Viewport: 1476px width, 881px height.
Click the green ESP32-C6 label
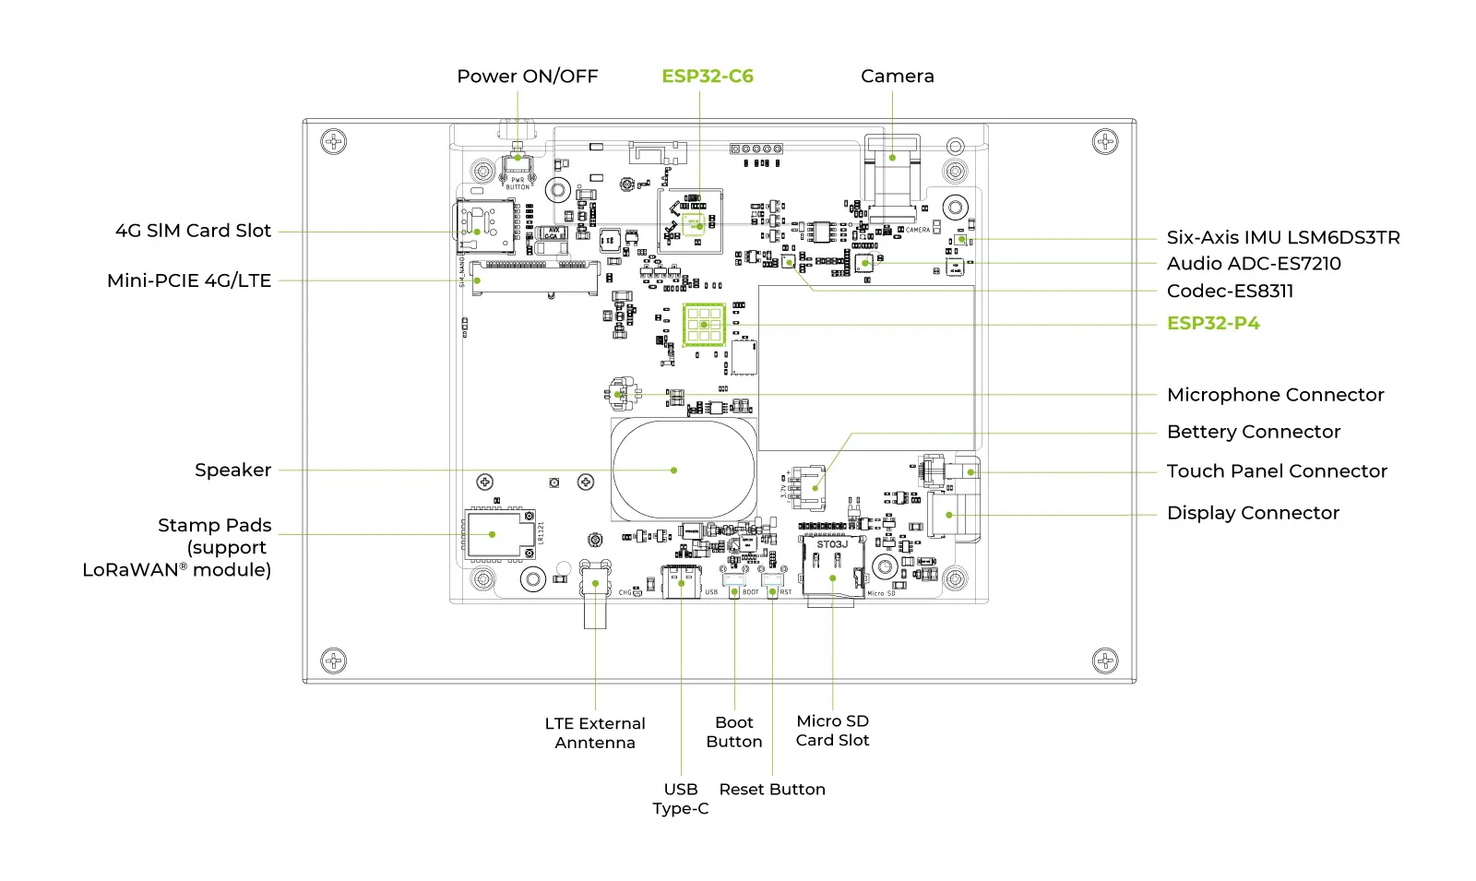pos(708,77)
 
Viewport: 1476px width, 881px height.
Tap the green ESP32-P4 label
pos(1212,323)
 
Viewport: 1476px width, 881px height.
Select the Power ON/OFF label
pos(528,77)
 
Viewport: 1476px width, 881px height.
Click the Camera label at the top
pos(897,77)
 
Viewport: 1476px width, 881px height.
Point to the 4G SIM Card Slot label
pos(193,231)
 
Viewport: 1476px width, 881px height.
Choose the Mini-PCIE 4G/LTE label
pos(189,280)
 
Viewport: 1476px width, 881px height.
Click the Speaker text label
pos(232,470)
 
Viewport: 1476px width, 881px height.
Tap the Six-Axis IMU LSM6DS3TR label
pos(1282,238)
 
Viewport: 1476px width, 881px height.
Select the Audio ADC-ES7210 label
pos(1253,264)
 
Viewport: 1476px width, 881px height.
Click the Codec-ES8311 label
pos(1230,292)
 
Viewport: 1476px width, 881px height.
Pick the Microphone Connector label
pos(1275,395)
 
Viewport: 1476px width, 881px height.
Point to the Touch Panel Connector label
pos(1276,471)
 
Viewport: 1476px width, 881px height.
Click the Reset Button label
pos(772,790)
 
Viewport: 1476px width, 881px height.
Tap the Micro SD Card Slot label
pos(832,731)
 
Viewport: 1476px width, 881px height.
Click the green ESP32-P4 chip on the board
pos(704,325)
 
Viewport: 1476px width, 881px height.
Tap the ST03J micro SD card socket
pos(832,566)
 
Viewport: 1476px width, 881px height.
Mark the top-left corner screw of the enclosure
pos(333,142)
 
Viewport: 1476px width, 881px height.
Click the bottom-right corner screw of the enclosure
pos(1104,661)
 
